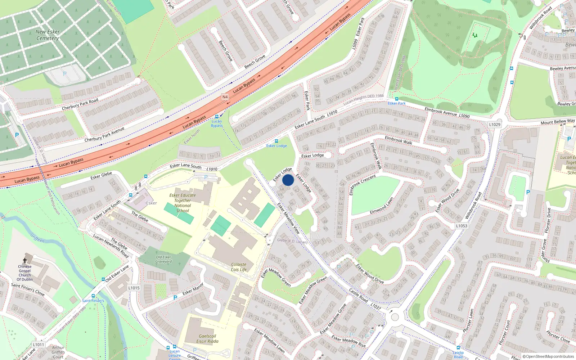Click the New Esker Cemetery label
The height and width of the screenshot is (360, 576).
48,35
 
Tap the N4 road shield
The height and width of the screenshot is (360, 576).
225,97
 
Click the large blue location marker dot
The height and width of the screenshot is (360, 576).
288,180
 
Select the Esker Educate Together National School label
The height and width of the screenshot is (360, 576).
183,203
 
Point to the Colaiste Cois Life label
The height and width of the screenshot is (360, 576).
239,267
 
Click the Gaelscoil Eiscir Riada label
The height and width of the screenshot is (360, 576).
207,338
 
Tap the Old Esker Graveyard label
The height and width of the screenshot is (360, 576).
163,259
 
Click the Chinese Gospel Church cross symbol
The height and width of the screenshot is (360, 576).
25,260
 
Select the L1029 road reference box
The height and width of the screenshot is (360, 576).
495,125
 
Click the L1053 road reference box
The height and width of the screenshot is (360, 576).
462,226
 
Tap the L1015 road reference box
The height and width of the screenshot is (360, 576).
134,288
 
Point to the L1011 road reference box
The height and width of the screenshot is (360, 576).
39,345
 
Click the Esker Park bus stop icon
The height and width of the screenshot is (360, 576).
397,99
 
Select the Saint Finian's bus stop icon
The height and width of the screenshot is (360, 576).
94,296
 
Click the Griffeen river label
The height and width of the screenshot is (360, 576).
37,238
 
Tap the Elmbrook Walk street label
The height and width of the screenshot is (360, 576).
399,140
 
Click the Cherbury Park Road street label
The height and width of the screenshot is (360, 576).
80,104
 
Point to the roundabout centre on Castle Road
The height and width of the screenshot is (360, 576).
395,317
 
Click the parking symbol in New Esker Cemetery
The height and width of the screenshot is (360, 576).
65,74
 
